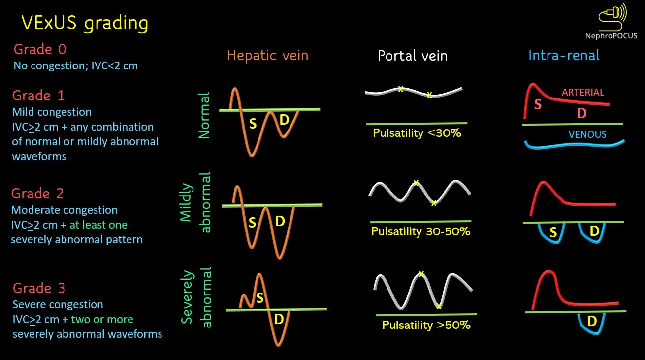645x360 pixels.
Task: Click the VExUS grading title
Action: [84, 23]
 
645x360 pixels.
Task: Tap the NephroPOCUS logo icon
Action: [612, 16]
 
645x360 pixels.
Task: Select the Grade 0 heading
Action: [40, 49]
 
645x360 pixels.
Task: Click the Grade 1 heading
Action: [38, 95]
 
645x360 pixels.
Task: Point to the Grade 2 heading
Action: [37, 194]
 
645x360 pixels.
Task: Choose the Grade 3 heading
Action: [39, 288]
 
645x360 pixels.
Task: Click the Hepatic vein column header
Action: [267, 55]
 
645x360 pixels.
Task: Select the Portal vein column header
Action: [413, 56]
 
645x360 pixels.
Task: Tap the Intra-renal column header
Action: [564, 55]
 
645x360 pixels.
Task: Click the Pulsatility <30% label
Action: [417, 132]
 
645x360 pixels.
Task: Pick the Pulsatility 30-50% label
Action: [421, 231]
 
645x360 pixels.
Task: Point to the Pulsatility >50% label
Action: [426, 325]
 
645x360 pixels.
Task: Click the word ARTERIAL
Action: [582, 92]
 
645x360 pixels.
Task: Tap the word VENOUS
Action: [587, 134]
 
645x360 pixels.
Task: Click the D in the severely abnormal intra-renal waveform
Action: [592, 322]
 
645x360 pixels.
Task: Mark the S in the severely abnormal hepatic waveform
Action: [259, 297]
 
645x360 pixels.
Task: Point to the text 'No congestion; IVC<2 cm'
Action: [76, 65]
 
